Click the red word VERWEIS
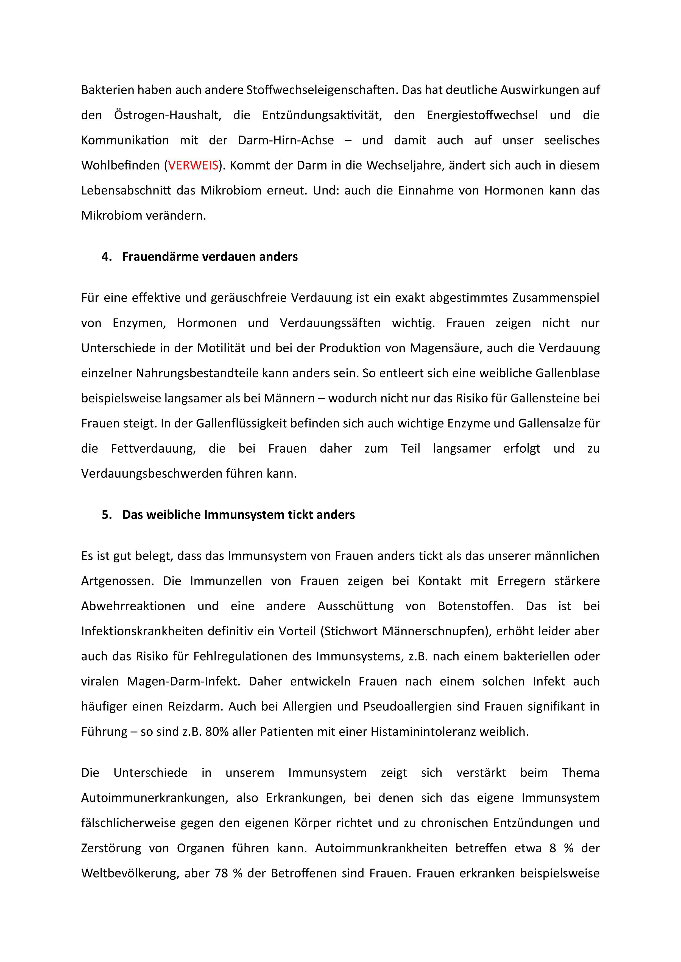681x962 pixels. point(193,165)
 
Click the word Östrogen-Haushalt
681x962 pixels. point(167,115)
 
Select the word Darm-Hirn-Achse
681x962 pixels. point(286,140)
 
